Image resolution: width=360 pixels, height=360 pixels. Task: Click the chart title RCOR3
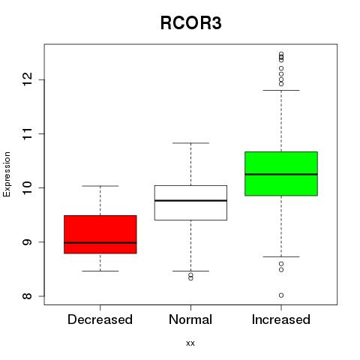[x=190, y=23]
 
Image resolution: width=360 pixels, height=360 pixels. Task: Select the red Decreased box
[x=100, y=234]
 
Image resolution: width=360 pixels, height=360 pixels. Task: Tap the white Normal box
[x=190, y=202]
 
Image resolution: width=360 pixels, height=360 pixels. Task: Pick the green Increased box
[x=281, y=173]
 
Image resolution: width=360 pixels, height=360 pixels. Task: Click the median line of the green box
[x=281, y=174]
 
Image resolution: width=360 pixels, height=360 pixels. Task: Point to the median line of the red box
[x=100, y=243]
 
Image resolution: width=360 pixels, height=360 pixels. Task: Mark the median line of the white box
[x=190, y=200]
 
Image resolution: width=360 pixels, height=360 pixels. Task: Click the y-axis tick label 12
[x=28, y=79]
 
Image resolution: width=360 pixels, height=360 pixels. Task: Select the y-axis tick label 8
[x=28, y=296]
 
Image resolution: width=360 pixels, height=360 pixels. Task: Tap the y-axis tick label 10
[x=28, y=187]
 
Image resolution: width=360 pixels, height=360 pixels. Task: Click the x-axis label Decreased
[x=100, y=319]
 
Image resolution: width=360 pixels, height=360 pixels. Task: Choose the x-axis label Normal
[x=190, y=319]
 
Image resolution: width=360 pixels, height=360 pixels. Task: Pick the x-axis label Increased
[x=281, y=319]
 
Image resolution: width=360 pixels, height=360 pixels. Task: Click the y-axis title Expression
[x=7, y=174]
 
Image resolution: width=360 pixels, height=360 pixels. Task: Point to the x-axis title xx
[x=190, y=343]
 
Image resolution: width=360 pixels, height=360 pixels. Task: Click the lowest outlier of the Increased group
[x=281, y=295]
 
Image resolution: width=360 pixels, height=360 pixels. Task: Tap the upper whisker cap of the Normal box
[x=190, y=143]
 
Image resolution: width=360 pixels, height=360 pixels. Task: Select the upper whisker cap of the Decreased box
[x=100, y=186]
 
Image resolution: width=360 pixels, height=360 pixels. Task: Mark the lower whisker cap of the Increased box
[x=281, y=256]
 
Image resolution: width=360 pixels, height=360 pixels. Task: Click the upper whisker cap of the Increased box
[x=281, y=90]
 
